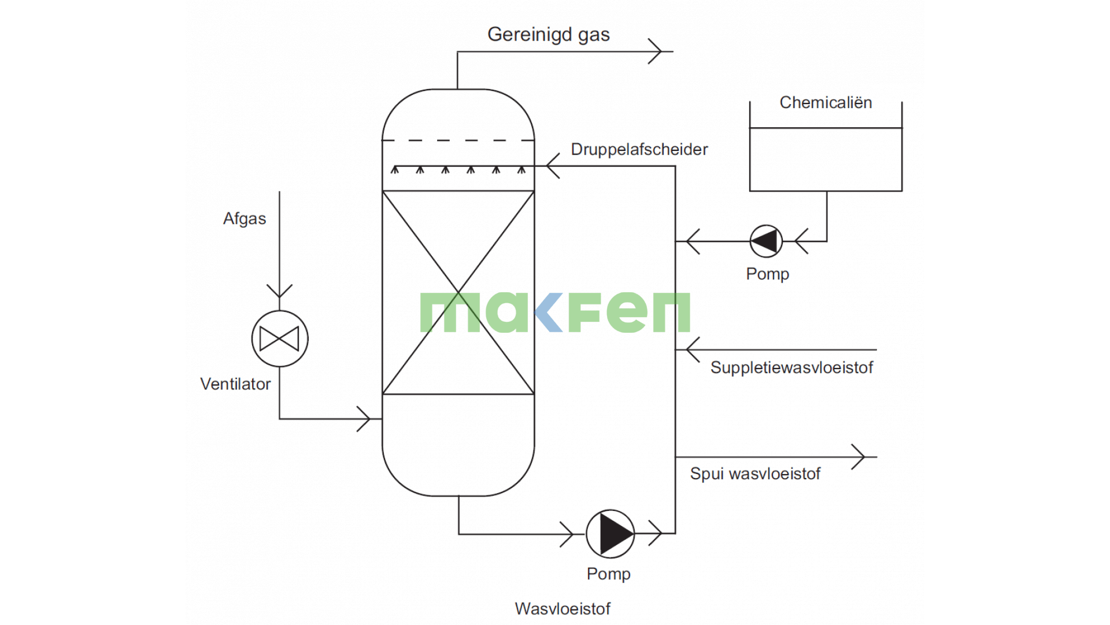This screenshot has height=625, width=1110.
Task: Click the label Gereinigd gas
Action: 548,35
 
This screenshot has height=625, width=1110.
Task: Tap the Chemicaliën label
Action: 825,102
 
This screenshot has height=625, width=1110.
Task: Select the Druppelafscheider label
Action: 639,149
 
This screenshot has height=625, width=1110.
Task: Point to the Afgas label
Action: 245,219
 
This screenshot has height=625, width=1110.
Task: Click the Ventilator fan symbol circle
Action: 280,339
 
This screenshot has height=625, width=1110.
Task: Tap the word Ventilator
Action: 235,384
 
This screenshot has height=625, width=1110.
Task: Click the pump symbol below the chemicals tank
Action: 766,241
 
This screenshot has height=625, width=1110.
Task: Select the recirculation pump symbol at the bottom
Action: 610,534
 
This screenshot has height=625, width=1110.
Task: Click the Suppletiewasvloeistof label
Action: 791,367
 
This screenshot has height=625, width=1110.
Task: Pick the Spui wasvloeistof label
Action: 755,474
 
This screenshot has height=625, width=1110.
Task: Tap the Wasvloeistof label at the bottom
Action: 563,609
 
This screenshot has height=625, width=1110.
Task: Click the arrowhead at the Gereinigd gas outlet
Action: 656,52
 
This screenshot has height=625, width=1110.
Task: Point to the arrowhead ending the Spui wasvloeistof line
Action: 859,457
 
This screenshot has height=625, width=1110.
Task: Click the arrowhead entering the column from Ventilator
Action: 364,418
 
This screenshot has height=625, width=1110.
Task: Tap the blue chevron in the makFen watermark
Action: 548,312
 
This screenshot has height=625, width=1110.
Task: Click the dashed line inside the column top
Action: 458,140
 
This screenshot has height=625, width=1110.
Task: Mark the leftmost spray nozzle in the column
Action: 395,170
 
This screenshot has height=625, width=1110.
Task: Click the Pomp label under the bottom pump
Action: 608,574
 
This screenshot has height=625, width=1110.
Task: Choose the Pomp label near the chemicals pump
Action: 767,274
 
